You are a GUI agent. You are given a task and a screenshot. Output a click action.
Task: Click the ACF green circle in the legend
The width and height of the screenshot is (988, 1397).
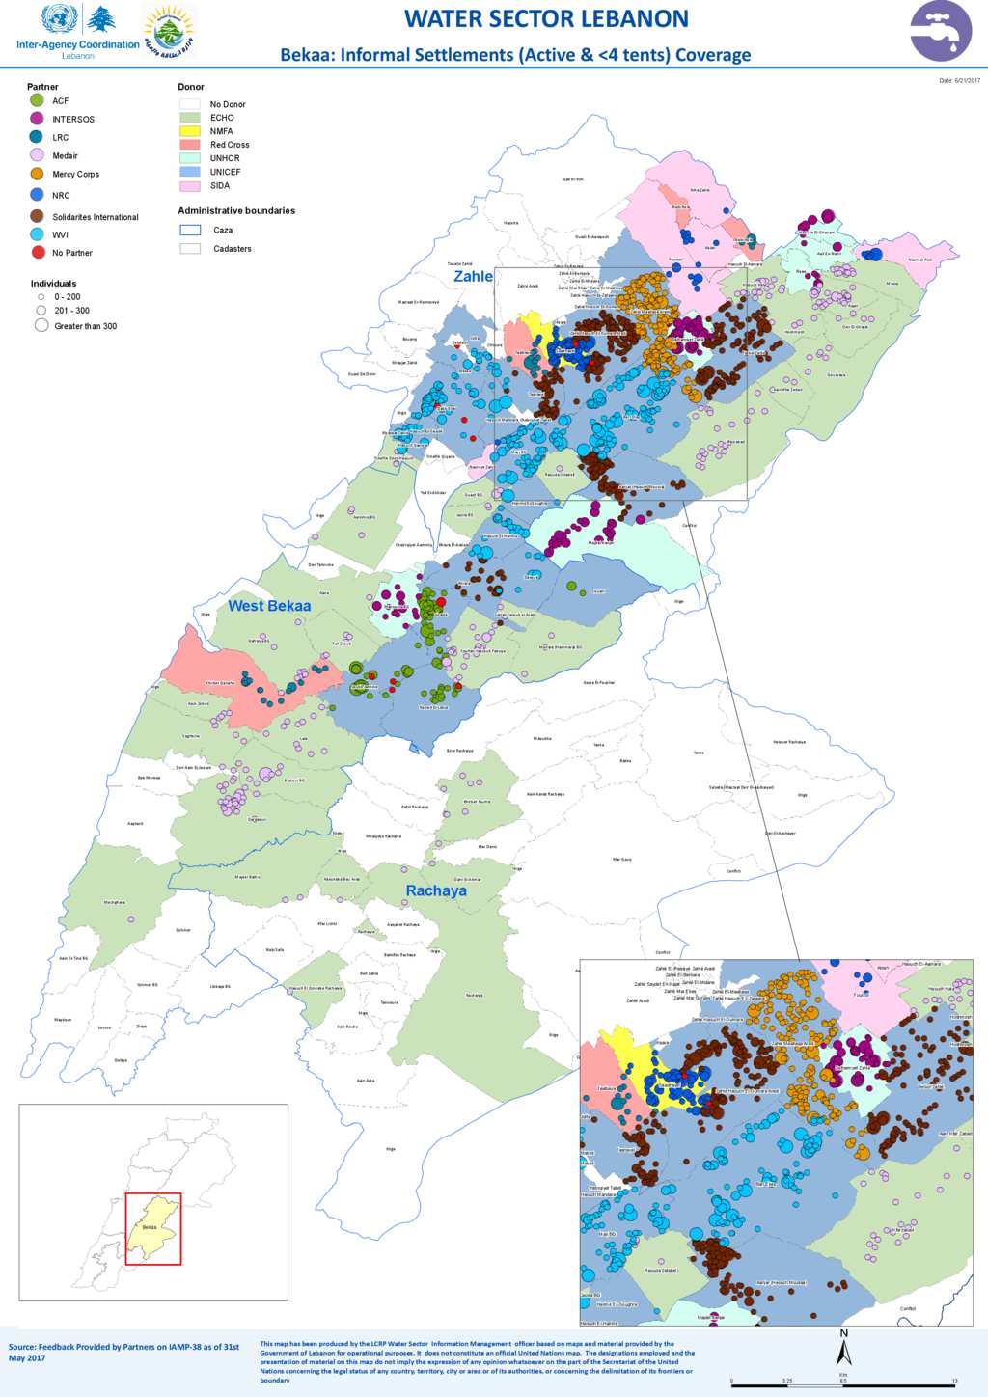37,100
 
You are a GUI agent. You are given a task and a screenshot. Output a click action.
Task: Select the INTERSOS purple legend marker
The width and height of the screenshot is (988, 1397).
37,119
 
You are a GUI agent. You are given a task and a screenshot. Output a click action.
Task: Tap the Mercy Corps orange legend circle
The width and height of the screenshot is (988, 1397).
37,174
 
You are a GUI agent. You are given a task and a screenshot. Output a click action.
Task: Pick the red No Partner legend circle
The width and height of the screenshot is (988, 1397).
38,253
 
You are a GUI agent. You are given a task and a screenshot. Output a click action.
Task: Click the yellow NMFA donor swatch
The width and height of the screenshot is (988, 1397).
190,131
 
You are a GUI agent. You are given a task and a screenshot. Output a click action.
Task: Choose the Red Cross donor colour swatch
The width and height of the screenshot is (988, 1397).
190,145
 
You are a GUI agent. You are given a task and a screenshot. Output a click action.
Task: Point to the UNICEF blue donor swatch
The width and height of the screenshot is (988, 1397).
190,172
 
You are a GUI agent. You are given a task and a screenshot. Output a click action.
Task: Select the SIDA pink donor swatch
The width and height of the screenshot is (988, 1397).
190,186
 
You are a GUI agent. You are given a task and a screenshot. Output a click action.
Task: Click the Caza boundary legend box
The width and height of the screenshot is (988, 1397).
190,231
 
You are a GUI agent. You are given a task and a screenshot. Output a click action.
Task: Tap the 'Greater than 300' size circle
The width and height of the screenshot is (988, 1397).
41,326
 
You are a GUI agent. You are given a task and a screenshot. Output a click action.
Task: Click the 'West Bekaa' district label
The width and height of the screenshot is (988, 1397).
269,606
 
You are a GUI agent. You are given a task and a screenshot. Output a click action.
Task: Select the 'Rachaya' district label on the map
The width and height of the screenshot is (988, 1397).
436,890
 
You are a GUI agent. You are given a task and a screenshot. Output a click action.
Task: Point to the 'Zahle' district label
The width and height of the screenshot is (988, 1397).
473,276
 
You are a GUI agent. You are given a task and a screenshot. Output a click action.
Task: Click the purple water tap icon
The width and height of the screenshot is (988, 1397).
941,31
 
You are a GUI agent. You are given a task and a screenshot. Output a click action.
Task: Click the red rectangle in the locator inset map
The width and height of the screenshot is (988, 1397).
153,1228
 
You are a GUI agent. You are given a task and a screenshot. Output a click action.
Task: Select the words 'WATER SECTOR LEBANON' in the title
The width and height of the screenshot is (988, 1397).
546,19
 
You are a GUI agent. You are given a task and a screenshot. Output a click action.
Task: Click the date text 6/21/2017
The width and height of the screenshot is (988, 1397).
959,81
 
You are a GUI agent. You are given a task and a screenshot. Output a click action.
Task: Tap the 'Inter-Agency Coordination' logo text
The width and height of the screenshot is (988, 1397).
78,44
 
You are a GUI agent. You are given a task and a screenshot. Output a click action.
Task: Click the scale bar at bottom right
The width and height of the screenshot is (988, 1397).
843,1384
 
